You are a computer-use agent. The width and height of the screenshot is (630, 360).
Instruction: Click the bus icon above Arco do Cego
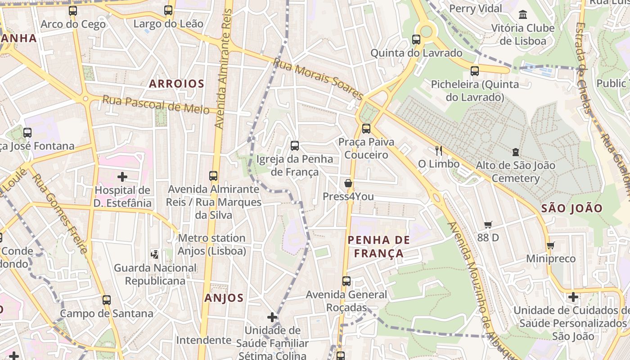tap(73, 11)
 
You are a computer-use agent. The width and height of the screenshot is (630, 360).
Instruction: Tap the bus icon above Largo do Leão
tap(168, 10)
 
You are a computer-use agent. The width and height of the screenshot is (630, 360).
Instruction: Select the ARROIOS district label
tap(176, 84)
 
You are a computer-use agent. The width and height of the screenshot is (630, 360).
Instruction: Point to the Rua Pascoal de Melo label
tap(156, 104)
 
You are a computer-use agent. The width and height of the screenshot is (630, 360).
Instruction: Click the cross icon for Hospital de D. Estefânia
tap(122, 177)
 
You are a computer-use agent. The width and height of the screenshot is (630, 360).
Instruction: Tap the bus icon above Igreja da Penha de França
tap(295, 146)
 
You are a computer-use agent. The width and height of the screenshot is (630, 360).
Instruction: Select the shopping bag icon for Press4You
tap(348, 183)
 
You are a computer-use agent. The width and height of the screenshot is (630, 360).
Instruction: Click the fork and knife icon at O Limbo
tap(439, 151)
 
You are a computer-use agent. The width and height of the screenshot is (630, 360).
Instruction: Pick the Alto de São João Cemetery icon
tap(515, 152)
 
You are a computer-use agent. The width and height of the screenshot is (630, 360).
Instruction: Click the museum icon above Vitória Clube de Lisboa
tap(522, 15)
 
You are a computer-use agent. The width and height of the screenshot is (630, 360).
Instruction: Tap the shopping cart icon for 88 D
tap(488, 224)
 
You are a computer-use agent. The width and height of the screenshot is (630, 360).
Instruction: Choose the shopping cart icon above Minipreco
tap(550, 245)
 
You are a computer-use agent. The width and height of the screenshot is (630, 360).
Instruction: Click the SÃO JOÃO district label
tap(571, 208)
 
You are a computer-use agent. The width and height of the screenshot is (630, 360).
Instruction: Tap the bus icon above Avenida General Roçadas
tap(346, 281)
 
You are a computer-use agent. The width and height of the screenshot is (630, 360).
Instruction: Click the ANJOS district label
tap(224, 298)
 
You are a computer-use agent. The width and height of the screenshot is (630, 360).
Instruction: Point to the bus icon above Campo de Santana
tap(107, 300)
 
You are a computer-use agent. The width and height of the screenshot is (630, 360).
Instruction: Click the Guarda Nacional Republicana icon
tap(155, 255)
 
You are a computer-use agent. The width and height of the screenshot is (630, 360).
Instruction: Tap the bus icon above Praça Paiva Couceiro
tap(366, 129)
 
